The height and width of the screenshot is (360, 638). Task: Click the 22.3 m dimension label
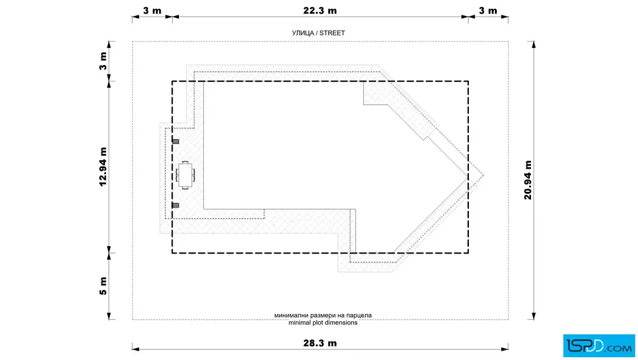pos(320,11)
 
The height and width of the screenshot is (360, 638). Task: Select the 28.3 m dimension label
pos(320,343)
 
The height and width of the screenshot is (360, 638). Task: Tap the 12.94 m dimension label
pos(103,167)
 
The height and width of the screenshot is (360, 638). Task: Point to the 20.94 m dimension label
pos(527,180)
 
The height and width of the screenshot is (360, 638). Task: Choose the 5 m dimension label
pos(103,286)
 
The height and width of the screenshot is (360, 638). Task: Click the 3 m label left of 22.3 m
pos(152,11)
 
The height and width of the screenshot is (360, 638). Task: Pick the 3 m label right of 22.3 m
pos(488,11)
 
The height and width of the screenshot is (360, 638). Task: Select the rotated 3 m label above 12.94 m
pos(103,61)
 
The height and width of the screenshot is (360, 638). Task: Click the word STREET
pos(332,33)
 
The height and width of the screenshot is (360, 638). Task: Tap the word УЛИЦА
pos(302,33)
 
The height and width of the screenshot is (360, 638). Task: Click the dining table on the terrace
pos(185,175)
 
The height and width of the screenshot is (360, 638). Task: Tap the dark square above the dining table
pos(176,142)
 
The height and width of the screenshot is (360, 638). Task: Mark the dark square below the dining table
pos(176,206)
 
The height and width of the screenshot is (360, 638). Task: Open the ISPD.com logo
pos(599,346)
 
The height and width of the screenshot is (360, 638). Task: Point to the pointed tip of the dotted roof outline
pos(484,176)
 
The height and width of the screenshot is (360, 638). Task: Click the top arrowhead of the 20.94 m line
pos(533,44)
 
